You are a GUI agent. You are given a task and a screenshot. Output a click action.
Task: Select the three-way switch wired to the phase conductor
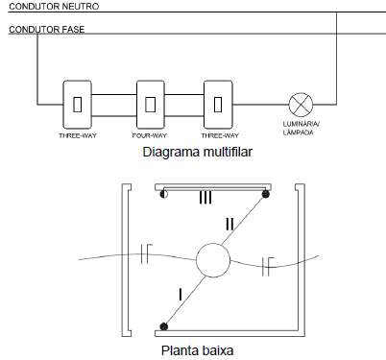point(77,105)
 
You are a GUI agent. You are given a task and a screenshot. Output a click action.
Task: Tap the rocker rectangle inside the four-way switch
point(150,104)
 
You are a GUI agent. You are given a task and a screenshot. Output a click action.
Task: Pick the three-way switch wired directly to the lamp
point(218,105)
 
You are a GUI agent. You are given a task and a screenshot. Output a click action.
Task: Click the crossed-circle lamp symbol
point(301,105)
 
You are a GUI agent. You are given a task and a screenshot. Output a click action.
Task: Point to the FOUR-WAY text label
point(150,135)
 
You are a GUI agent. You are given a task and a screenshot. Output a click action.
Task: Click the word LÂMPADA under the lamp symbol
point(298,132)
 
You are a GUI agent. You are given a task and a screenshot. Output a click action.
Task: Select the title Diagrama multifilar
point(198,152)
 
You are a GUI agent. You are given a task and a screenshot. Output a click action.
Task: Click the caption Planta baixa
point(197,350)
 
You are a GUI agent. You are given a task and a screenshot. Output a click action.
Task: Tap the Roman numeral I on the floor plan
point(181,295)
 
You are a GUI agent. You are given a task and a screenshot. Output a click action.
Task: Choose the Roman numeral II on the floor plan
point(229,224)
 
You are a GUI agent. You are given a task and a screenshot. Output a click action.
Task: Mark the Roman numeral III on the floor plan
point(205,197)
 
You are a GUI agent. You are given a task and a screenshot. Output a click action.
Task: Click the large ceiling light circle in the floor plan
point(213,260)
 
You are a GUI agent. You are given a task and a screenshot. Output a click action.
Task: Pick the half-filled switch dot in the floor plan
point(164,194)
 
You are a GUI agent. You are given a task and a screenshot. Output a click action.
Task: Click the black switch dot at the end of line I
point(164,326)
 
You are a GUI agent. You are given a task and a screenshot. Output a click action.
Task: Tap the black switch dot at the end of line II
point(266,194)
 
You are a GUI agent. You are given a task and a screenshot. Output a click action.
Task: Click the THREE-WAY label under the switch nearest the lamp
point(220,135)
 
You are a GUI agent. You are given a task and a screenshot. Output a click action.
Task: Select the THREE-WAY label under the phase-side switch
point(78,135)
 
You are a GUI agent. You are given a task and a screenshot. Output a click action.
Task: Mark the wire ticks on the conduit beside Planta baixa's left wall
point(146,253)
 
